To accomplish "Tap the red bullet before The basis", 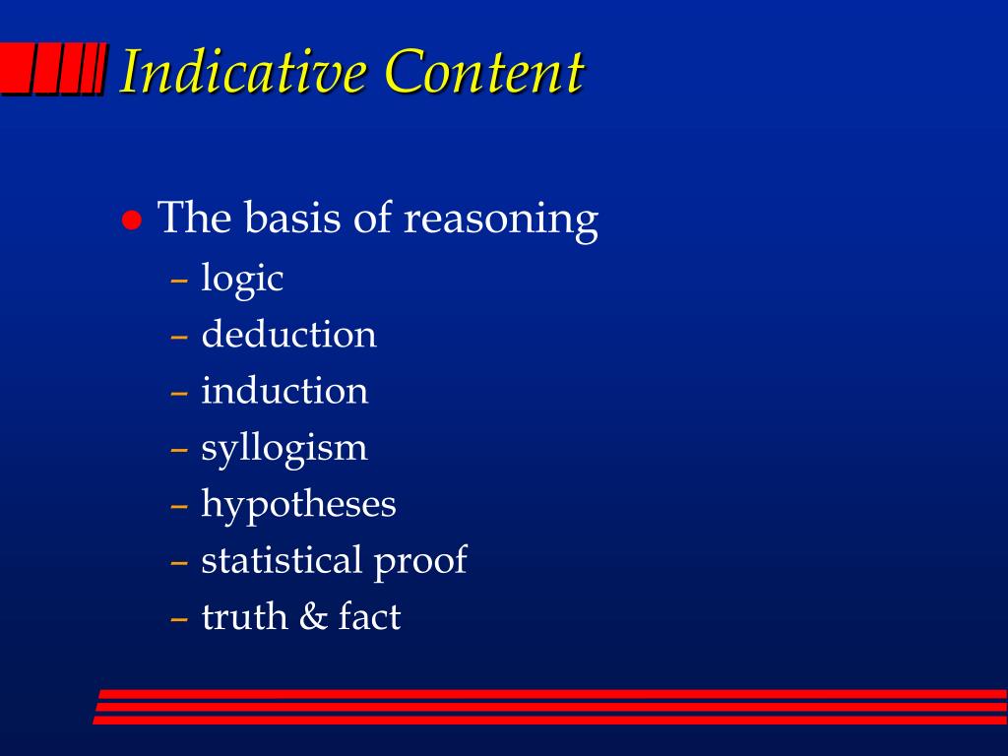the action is (x=132, y=220).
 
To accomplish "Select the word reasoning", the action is (x=501, y=220).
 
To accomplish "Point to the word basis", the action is (x=293, y=218).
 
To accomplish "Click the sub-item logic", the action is (x=242, y=279).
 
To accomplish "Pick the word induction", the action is (x=284, y=390).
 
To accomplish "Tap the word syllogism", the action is (x=284, y=448).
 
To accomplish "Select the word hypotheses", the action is (x=298, y=504).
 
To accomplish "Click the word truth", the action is (x=244, y=616).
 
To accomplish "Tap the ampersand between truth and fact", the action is (x=313, y=616).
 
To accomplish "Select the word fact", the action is (x=370, y=616).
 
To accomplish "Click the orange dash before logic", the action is (x=179, y=281).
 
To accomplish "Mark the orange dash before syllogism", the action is (x=179, y=449).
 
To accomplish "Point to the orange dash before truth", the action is (x=179, y=618).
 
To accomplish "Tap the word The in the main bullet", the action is (x=194, y=218).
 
